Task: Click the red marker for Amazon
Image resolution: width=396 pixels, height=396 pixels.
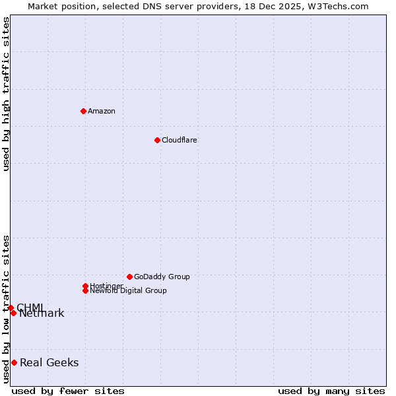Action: (x=83, y=111)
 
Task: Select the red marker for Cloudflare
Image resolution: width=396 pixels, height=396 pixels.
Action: (x=157, y=140)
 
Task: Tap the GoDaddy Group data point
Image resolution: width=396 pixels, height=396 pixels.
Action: (x=129, y=277)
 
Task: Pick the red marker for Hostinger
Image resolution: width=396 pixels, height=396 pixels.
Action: (x=85, y=286)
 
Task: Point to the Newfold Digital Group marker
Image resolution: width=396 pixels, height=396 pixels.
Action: (x=85, y=290)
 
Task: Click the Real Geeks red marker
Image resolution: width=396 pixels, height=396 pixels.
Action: (x=14, y=362)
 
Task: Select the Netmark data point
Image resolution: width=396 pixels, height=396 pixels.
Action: (x=13, y=313)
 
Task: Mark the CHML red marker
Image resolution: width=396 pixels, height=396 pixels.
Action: (x=11, y=308)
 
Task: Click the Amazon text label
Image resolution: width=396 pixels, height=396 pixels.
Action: (x=102, y=111)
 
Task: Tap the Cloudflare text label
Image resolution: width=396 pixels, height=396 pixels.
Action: (x=180, y=140)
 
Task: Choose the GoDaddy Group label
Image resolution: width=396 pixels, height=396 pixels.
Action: (x=162, y=277)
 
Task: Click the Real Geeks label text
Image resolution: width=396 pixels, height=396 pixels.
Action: (x=49, y=362)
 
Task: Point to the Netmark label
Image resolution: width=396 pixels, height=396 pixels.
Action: (x=42, y=313)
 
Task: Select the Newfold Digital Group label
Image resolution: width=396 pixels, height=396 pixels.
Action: (x=129, y=291)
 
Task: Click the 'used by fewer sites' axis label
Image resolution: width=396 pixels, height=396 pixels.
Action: (x=68, y=391)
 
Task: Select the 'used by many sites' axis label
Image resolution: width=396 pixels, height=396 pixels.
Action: (x=331, y=391)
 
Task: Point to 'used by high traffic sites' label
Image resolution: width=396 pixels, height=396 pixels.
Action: (x=7, y=94)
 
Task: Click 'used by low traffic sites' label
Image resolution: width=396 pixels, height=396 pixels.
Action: (x=7, y=309)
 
